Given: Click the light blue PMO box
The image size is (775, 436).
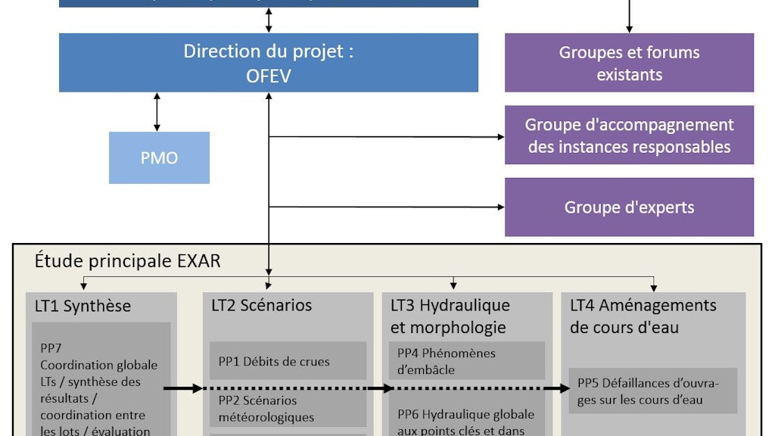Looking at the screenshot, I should tap(159, 157).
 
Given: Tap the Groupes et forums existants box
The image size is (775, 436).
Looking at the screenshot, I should tap(629, 63).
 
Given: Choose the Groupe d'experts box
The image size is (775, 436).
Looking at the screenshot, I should tap(629, 207).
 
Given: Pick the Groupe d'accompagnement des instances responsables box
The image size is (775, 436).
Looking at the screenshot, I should tap(629, 135).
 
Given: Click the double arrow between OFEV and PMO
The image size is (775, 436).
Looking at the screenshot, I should tap(157, 112).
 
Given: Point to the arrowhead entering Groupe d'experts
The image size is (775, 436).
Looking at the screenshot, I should tap(501, 207).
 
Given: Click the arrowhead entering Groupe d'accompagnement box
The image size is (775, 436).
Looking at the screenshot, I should tap(501, 137).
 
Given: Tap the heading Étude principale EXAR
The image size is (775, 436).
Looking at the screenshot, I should tap(127, 261).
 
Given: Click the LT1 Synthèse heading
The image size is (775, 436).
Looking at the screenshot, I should tap(82, 306).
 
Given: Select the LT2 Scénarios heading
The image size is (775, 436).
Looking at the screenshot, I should tap(261, 305).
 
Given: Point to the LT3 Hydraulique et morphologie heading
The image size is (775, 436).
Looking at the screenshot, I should tap(450, 316).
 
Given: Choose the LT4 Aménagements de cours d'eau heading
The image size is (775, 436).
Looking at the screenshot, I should tap(643, 316).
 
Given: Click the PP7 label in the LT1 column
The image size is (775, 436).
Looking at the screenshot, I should tap(52, 348).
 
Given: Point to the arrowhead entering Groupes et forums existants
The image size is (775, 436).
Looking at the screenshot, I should tap(629, 30).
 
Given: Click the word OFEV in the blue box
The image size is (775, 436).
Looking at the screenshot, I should tap(269, 75).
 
